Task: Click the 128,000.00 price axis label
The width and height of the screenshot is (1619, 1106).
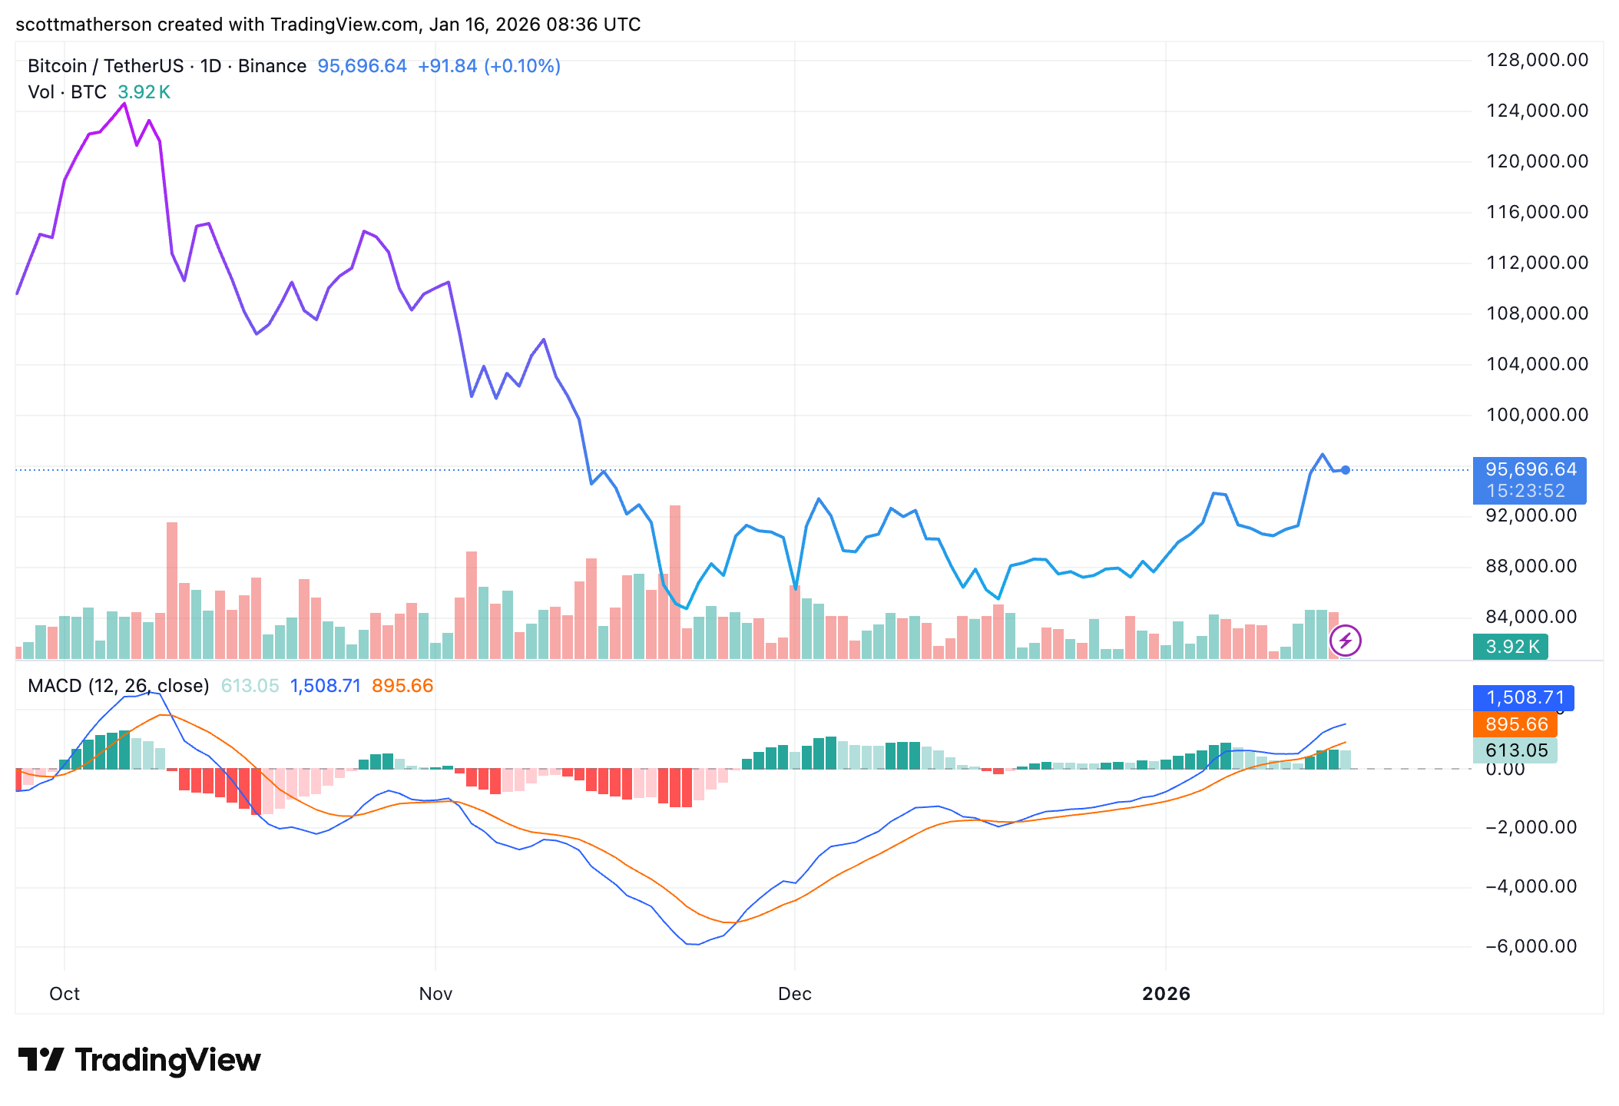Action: click(x=1537, y=60)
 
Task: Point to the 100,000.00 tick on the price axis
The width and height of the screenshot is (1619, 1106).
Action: click(x=1537, y=415)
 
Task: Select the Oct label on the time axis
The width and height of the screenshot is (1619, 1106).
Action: click(x=65, y=994)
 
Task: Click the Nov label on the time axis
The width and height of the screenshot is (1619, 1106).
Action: click(x=435, y=994)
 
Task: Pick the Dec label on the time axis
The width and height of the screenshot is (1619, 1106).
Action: click(x=795, y=994)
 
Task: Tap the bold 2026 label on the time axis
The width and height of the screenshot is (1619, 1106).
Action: click(x=1166, y=994)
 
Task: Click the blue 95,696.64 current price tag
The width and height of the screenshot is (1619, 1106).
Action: click(x=1530, y=470)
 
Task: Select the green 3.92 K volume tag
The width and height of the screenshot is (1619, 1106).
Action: click(x=1511, y=647)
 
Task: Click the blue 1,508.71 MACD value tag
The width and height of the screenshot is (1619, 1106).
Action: click(x=1525, y=697)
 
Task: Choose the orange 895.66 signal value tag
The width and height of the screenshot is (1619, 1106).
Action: click(x=1516, y=724)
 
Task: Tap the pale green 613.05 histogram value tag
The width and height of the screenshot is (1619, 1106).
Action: click(x=1516, y=750)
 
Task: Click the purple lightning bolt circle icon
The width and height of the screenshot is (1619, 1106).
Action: click(x=1346, y=641)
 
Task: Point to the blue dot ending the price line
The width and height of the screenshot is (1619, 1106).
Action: click(x=1346, y=470)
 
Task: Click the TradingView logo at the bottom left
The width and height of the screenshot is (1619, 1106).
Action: click(x=139, y=1061)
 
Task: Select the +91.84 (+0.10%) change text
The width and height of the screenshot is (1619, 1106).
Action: click(x=488, y=66)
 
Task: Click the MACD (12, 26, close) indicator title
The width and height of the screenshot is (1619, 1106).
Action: click(x=118, y=686)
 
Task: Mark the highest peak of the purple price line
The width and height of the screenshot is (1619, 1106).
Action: click(x=124, y=104)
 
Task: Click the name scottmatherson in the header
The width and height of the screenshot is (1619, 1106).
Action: click(x=84, y=25)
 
